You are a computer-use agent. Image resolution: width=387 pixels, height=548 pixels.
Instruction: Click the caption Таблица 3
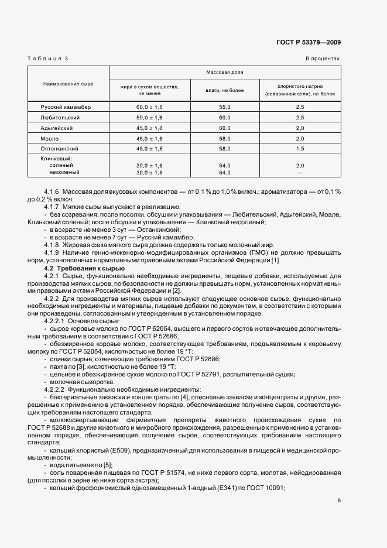49,59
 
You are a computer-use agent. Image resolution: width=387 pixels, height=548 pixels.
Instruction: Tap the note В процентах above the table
322,59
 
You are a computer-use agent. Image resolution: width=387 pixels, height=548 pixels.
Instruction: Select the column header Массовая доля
225,72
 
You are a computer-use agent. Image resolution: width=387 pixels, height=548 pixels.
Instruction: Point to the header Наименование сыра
68,84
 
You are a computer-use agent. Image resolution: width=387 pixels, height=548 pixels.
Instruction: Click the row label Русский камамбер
66,107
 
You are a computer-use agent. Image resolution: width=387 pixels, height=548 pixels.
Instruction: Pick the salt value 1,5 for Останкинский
300,149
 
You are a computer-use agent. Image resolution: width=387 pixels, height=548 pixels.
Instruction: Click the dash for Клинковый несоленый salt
300,173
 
